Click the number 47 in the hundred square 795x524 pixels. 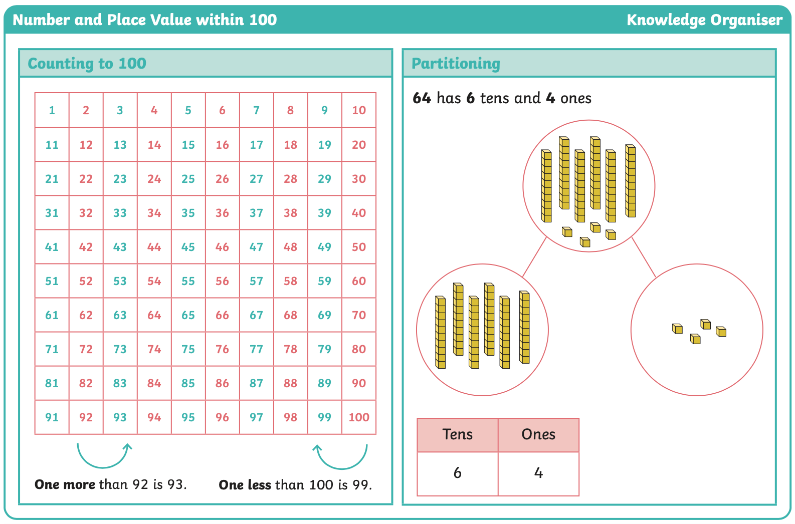[x=256, y=247]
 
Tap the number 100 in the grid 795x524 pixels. [x=359, y=417]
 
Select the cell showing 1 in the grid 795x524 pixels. [x=52, y=110]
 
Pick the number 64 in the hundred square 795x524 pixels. [x=154, y=315]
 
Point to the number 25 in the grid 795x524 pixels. [x=188, y=179]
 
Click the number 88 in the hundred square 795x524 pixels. [x=290, y=383]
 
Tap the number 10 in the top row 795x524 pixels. [x=359, y=110]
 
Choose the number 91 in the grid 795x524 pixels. [x=52, y=417]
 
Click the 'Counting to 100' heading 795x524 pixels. [x=87, y=64]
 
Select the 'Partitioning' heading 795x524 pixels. [x=456, y=64]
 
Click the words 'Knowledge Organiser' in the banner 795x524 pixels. [x=704, y=20]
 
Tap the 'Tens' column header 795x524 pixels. [x=458, y=435]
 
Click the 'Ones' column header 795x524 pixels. [x=538, y=435]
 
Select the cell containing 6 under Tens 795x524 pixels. [x=458, y=473]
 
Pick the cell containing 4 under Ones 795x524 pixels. [x=538, y=473]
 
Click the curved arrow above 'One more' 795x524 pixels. [x=103, y=467]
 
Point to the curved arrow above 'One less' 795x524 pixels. [x=341, y=468]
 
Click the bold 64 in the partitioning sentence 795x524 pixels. [x=422, y=98]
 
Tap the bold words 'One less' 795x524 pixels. [x=245, y=485]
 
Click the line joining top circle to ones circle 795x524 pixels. [x=644, y=257]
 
